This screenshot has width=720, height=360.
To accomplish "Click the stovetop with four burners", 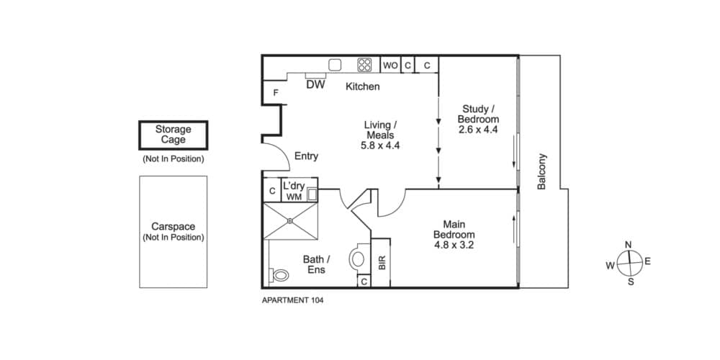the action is (x=364, y=65).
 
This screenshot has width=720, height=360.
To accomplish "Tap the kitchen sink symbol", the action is (x=335, y=65).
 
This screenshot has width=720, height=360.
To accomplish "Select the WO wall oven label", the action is (x=390, y=66).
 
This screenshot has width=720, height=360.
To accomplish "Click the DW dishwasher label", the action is (x=315, y=84).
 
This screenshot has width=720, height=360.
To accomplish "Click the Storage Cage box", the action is (x=174, y=135).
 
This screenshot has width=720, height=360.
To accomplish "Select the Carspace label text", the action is (x=173, y=227).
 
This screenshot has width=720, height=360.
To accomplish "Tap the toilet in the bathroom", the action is (x=279, y=275).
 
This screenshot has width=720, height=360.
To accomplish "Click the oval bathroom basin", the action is (x=358, y=259).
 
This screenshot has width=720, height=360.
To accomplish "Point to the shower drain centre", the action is (x=290, y=221).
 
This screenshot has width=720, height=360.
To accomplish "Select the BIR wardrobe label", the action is (x=382, y=263).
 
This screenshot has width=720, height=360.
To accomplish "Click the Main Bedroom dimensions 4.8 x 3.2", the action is (x=454, y=246).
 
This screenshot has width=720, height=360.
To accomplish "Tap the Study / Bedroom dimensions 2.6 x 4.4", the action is (x=478, y=130).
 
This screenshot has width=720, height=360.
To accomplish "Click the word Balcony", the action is (x=542, y=171).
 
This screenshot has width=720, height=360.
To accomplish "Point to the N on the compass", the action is (x=629, y=244).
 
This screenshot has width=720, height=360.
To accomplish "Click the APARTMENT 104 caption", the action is (x=292, y=301).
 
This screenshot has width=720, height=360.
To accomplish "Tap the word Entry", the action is (x=306, y=156).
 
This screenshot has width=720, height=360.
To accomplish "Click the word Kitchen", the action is (x=363, y=86).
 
